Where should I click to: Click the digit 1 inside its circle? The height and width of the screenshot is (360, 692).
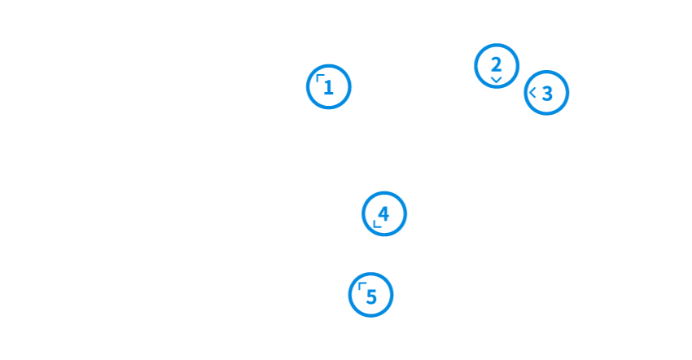(x=329, y=88)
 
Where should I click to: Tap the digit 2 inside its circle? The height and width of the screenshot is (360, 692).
(x=496, y=64)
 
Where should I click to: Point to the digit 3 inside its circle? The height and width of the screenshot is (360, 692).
(x=548, y=94)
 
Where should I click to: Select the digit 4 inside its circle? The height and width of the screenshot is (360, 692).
(x=384, y=213)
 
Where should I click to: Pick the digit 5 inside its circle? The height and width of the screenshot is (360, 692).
(x=372, y=296)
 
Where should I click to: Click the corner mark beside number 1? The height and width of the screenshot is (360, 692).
(x=320, y=78)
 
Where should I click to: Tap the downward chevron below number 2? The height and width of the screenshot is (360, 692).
(x=496, y=80)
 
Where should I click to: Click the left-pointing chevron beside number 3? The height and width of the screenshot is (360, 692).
(x=533, y=93)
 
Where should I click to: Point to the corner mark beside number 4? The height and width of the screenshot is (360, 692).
(x=376, y=223)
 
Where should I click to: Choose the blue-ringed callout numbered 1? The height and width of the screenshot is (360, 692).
(x=329, y=86)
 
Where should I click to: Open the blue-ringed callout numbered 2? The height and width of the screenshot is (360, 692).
(x=497, y=66)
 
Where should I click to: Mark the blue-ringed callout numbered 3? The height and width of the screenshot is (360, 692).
(x=546, y=93)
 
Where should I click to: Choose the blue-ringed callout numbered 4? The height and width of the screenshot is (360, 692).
(x=384, y=214)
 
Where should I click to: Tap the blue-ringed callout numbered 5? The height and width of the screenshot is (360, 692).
(x=371, y=295)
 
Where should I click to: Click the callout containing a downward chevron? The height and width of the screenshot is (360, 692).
(x=497, y=66)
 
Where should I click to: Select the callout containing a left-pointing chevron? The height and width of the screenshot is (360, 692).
(x=546, y=93)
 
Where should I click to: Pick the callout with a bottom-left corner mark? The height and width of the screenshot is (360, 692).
(x=384, y=214)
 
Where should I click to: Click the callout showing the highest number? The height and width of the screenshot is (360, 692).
(x=371, y=295)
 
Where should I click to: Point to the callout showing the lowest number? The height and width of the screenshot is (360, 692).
(x=329, y=86)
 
